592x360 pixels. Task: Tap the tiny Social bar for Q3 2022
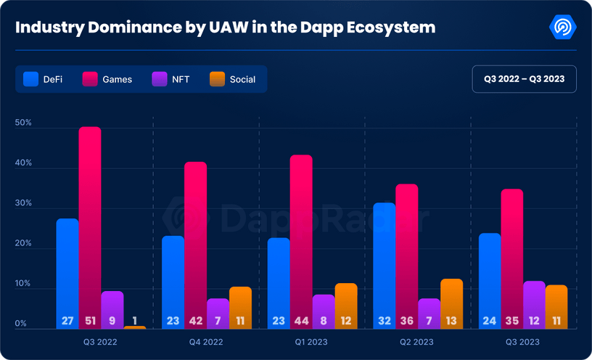[x=134, y=327]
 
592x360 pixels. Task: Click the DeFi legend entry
[x=43, y=79]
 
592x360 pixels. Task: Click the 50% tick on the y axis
[x=23, y=123]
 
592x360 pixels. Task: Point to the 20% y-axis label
[x=23, y=244]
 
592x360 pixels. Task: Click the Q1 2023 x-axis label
[x=312, y=341]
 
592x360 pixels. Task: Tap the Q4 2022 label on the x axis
[x=206, y=341]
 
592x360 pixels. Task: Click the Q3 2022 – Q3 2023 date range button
[x=524, y=79]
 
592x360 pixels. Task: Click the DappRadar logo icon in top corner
[x=563, y=28]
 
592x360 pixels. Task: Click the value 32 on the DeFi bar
[x=385, y=320]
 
